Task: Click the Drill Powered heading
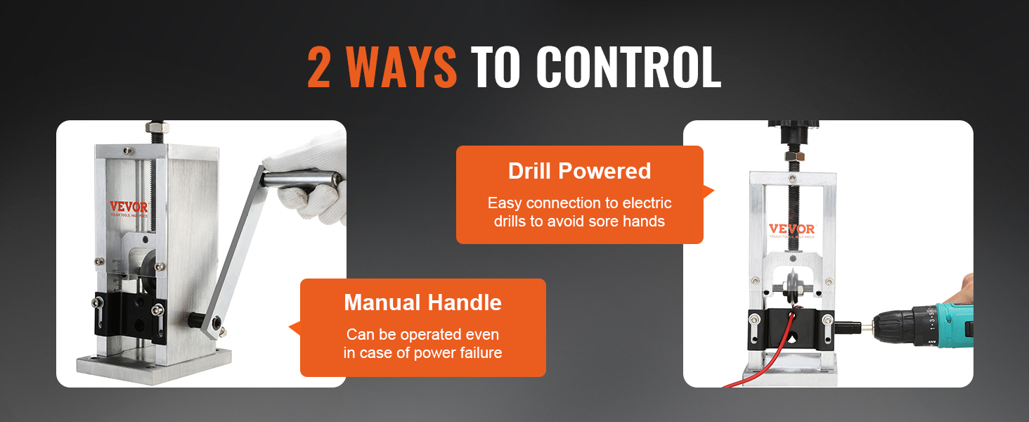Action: [579, 171]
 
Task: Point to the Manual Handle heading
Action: [422, 302]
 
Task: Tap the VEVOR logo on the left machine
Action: [129, 207]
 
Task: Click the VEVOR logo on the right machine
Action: [791, 229]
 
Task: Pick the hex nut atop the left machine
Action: [155, 128]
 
